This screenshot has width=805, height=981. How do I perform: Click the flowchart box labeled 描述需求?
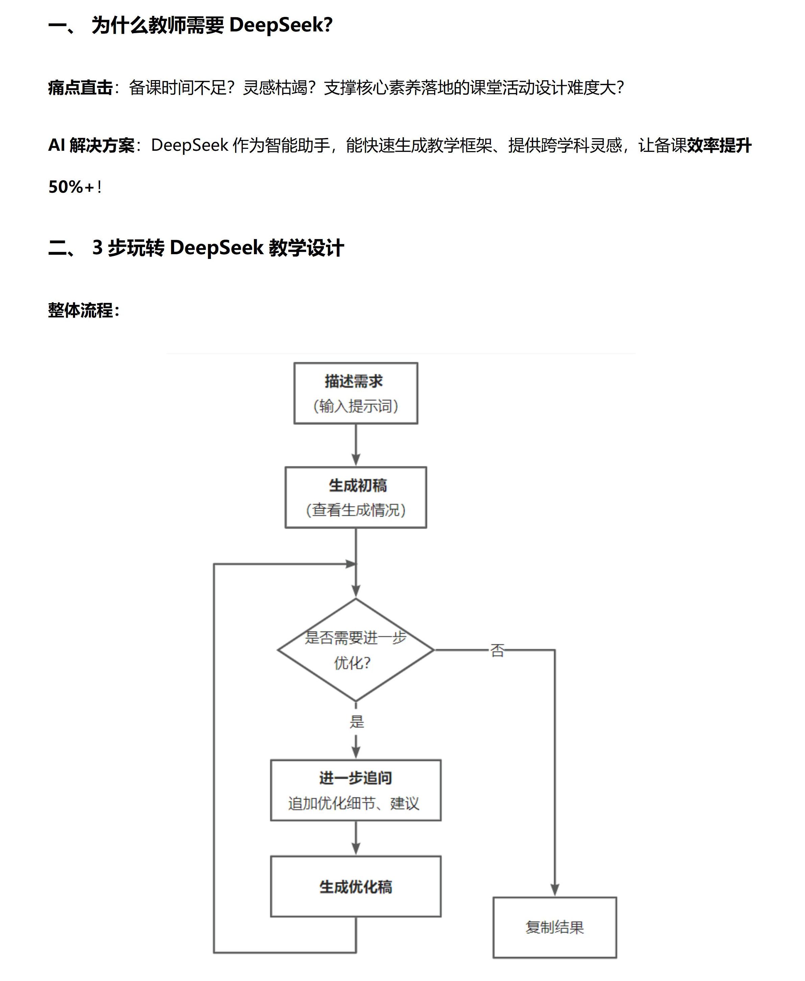[x=356, y=393]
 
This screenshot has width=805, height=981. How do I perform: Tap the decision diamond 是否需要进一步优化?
[x=356, y=650]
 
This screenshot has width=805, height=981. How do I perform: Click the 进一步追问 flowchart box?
[x=356, y=790]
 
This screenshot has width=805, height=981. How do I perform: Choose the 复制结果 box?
[x=554, y=927]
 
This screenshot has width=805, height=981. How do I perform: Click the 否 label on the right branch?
[x=497, y=650]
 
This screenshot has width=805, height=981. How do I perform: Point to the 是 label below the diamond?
[x=357, y=721]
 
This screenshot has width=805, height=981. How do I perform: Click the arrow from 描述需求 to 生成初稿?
[x=356, y=445]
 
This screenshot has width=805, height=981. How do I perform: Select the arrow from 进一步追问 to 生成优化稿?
[x=356, y=838]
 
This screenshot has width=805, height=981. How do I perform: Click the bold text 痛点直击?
[x=80, y=88]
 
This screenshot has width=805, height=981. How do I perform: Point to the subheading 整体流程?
[x=81, y=310]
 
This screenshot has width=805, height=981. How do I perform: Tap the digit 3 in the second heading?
[x=97, y=247]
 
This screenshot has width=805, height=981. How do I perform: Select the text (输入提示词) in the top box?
[x=356, y=406]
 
